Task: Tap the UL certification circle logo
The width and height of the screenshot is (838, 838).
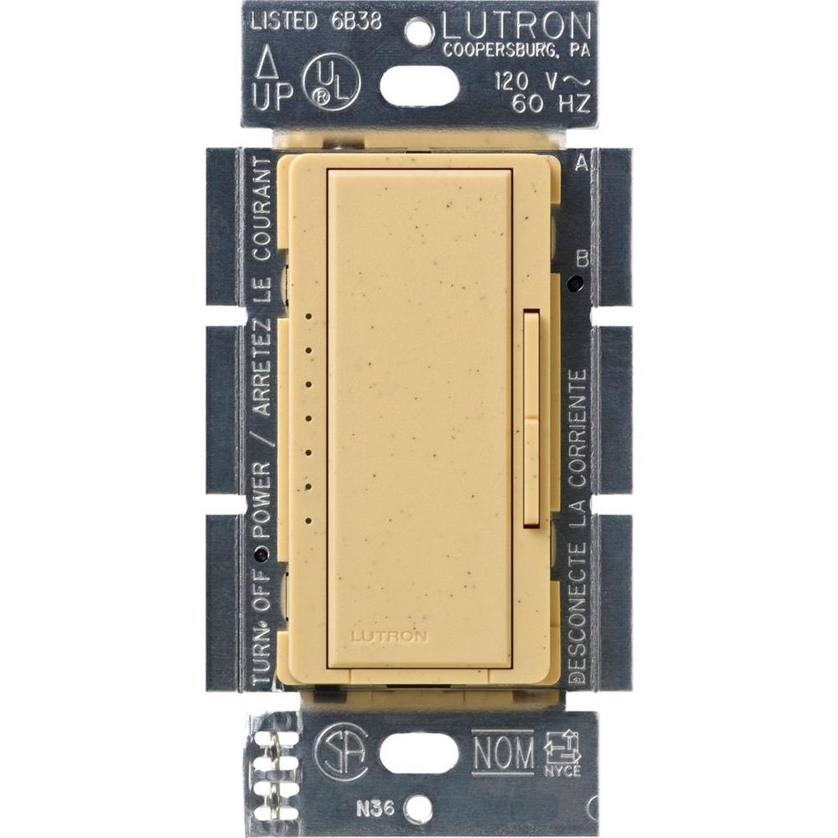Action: click(x=333, y=82)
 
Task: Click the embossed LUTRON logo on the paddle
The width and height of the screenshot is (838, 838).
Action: click(x=389, y=636)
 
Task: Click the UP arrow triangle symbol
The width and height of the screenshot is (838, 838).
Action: click(x=266, y=63)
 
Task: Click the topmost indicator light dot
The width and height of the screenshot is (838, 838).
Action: click(x=308, y=318)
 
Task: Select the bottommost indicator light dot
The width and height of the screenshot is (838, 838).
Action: click(x=308, y=520)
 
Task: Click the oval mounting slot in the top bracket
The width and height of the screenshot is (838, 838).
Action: click(x=419, y=85)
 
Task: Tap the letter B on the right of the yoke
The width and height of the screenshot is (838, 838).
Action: click(x=582, y=258)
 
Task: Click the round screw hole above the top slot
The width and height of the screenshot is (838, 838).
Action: click(x=418, y=32)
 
